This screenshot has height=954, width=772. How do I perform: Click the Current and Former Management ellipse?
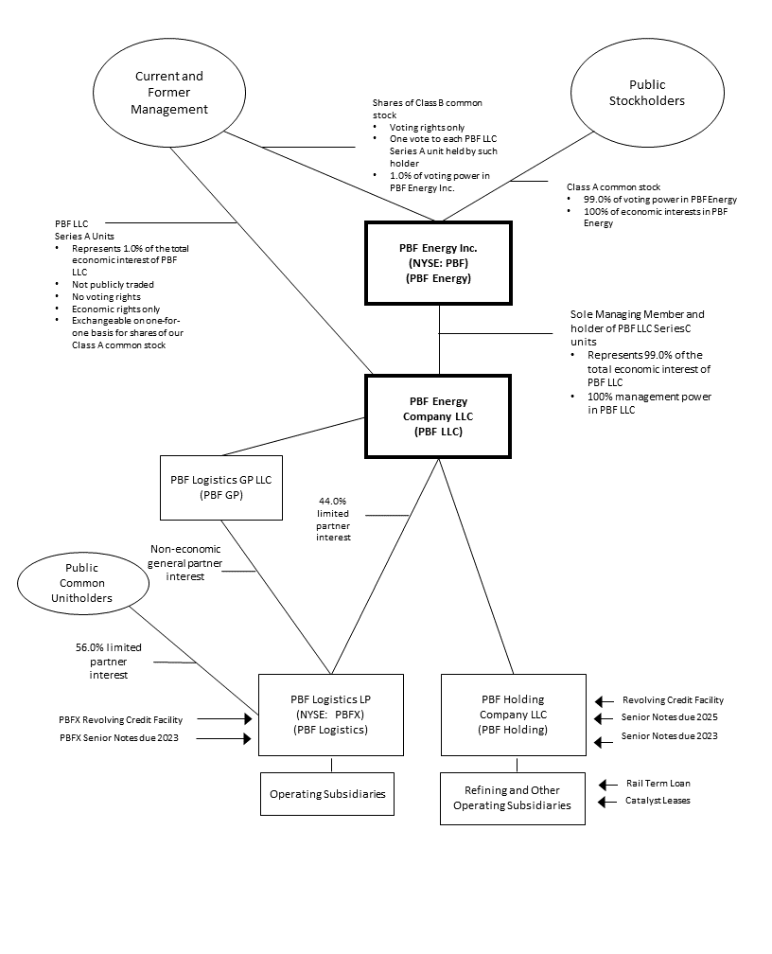pos(169,93)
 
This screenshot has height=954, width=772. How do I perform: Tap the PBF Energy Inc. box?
pos(438,263)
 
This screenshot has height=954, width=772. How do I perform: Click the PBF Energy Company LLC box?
pos(438,415)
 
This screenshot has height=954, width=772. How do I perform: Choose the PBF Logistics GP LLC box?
pos(220,486)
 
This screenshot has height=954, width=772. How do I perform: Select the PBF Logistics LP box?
pos(330,715)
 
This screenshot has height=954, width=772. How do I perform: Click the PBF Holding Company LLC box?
pos(513,715)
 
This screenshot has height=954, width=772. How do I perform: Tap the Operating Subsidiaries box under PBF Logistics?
pos(327,794)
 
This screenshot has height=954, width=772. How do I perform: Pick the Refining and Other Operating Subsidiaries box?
pos(512,798)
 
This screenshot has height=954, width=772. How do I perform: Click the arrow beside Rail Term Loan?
pos(609,784)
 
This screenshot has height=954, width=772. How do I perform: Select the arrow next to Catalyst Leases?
pos(609,801)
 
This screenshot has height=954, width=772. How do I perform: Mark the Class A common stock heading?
pos(613,187)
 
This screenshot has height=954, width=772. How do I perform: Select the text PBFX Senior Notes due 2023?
pos(118,738)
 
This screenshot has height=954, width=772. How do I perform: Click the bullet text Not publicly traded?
pos(114,284)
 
